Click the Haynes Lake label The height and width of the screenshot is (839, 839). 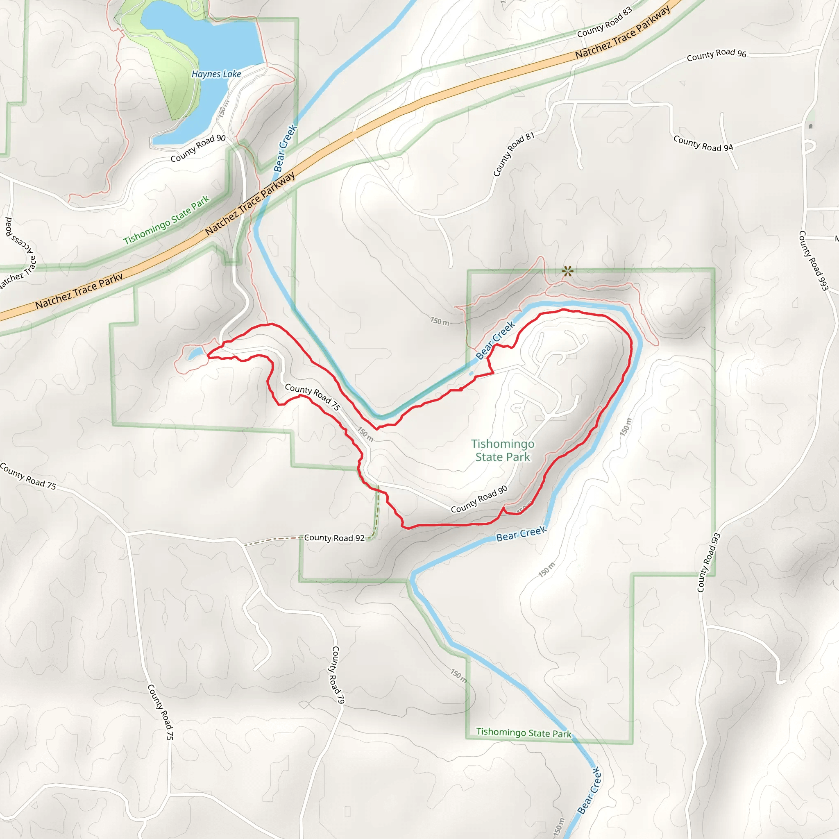[216, 74]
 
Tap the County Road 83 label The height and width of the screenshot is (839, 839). [605, 23]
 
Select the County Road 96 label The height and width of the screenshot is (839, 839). [716, 55]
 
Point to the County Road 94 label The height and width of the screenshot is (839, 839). [703, 144]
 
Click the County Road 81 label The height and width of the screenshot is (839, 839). [513, 154]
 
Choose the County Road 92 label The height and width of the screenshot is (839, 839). [334, 537]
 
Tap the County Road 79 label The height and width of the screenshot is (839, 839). [338, 678]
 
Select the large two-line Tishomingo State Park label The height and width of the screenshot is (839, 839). [503, 450]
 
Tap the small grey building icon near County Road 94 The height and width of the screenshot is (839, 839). [811, 126]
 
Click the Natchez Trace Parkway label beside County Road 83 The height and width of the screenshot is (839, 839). [623, 34]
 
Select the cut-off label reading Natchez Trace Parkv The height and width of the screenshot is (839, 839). [79, 291]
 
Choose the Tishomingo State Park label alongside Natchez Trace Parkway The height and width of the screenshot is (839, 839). [166, 220]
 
